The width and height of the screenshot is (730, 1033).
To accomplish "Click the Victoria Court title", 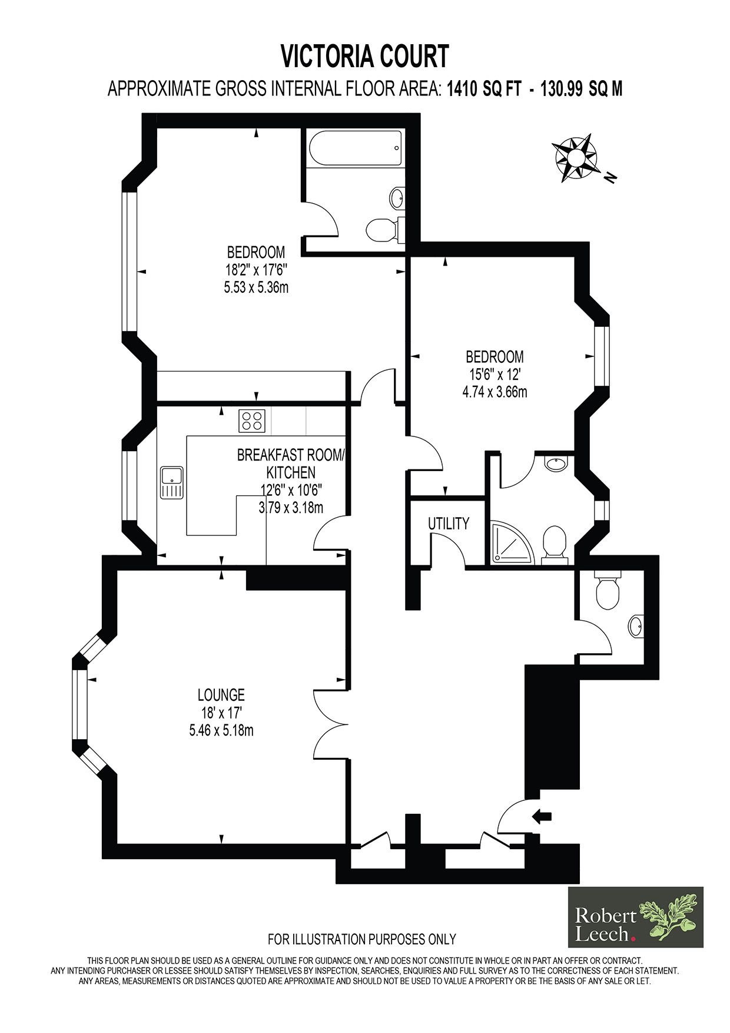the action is point(364,57).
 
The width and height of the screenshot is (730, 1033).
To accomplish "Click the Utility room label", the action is point(449,523).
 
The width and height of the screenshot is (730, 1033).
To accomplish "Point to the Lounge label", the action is point(221,695).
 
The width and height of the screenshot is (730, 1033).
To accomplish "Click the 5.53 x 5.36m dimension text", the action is point(256,288).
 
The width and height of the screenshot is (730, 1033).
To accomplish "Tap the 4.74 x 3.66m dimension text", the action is point(495,392).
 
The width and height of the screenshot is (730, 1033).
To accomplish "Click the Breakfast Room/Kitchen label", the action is point(292,463).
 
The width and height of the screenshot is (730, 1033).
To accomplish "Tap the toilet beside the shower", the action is point(555,544).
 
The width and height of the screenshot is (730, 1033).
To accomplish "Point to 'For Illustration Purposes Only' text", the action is point(362,938).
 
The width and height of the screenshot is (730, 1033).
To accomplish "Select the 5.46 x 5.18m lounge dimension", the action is point(221,731).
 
